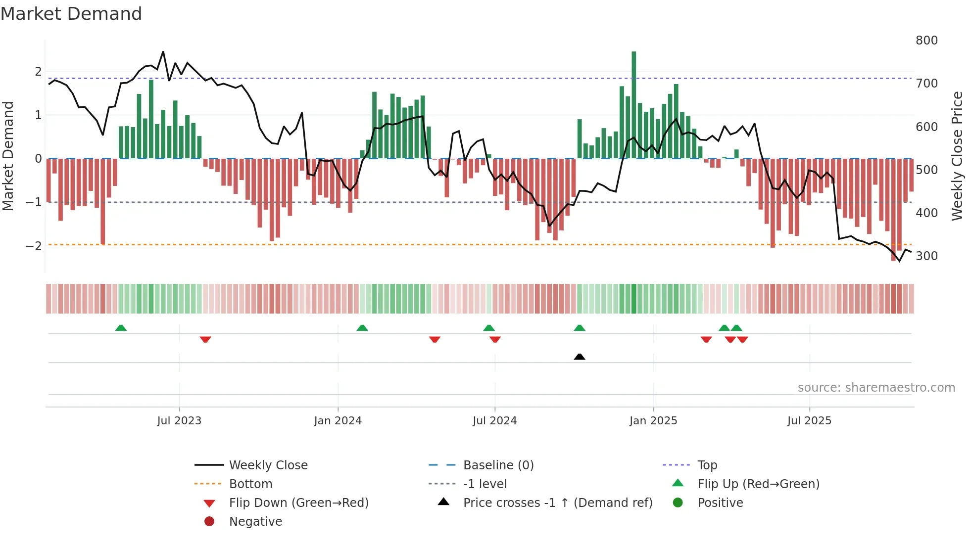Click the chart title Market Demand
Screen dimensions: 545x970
[71, 14]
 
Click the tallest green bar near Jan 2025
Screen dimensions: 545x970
[633, 104]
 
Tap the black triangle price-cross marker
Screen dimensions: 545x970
[580, 357]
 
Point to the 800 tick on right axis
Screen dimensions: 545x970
[926, 41]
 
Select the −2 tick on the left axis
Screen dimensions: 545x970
[34, 246]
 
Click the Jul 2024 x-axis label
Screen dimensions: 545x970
[494, 421]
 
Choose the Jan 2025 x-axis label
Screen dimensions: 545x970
[653, 421]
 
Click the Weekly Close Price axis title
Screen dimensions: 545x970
[957, 156]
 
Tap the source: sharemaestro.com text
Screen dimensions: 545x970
[876, 388]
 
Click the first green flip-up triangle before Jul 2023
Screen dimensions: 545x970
[121, 328]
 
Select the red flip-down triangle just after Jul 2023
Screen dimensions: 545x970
[205, 339]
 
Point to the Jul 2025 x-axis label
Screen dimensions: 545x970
[809, 421]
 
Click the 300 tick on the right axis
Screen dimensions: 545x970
[926, 256]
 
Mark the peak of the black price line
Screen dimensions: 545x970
[163, 52]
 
